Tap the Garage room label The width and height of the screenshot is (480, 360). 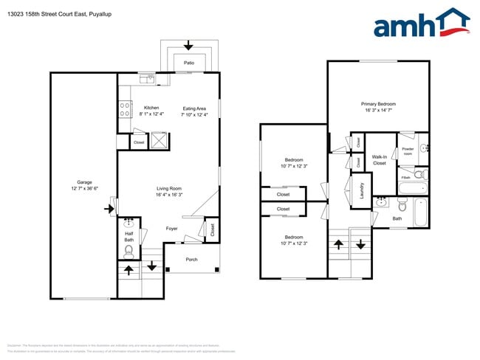click(84, 185)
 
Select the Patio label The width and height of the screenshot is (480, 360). click(189, 63)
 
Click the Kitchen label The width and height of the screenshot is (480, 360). click(151, 111)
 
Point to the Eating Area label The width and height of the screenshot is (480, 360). click(195, 111)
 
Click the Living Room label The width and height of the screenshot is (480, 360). click(168, 191)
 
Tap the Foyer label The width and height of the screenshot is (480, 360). click(171, 229)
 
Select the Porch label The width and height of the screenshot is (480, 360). click(191, 259)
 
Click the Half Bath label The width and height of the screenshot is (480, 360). click(128, 236)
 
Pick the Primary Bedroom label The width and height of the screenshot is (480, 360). click(378, 107)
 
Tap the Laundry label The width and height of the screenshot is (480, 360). click(362, 190)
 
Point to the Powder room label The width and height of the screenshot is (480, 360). click(407, 150)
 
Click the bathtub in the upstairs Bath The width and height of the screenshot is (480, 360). click(421, 212)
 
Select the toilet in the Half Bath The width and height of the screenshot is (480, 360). click(129, 251)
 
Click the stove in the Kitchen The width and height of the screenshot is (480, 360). click(125, 111)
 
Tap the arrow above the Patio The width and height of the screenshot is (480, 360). click(188, 45)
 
